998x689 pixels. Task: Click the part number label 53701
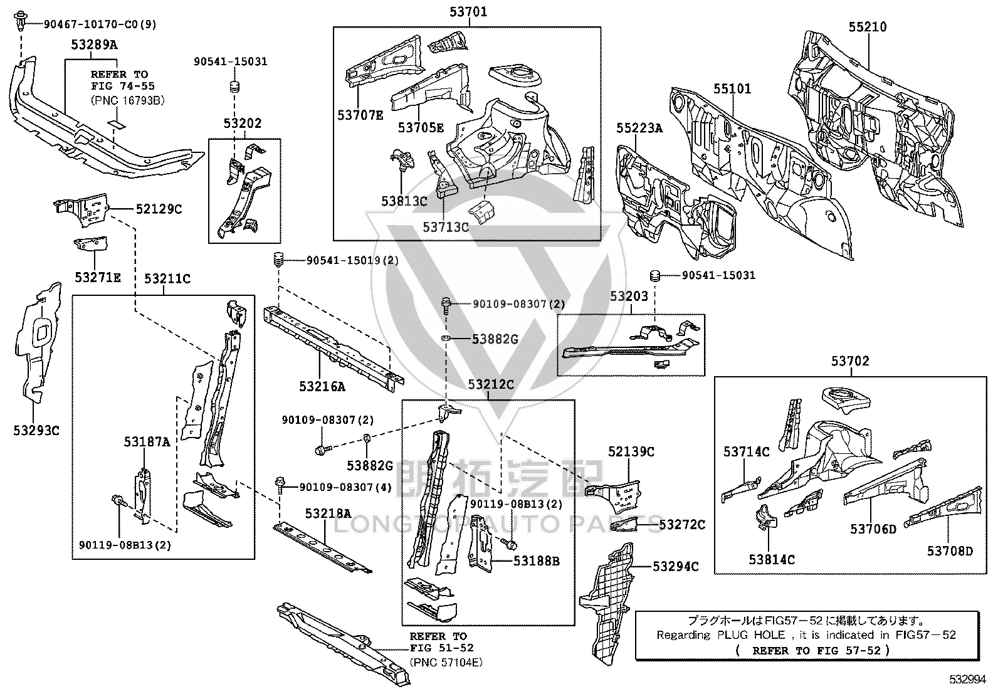pyautogui.click(x=468, y=11)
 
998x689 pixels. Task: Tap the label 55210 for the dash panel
pyautogui.click(x=868, y=27)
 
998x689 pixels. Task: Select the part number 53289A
pyautogui.click(x=95, y=45)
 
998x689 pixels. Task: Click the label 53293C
pyautogui.click(x=36, y=431)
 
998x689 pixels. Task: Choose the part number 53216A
pyautogui.click(x=322, y=386)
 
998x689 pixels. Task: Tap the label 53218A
pyautogui.click(x=328, y=513)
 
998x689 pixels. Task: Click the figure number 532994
pyautogui.click(x=968, y=679)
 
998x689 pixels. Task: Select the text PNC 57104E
pyautogui.click(x=446, y=662)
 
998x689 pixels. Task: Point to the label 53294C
pyautogui.click(x=675, y=567)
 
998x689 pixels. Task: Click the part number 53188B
pyautogui.click(x=537, y=560)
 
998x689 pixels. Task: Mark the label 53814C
pyautogui.click(x=772, y=559)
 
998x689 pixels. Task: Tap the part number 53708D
pyautogui.click(x=950, y=551)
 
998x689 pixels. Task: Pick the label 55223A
pyautogui.click(x=639, y=129)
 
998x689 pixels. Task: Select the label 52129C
pyautogui.click(x=159, y=209)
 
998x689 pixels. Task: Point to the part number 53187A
pyautogui.click(x=147, y=441)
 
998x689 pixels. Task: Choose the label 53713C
pyautogui.click(x=446, y=228)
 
